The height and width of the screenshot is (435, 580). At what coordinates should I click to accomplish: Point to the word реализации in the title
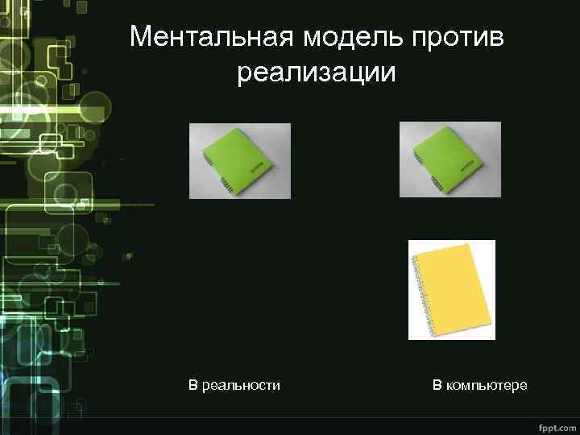[x=317, y=73]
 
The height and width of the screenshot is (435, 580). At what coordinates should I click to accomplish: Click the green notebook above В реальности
[x=239, y=160]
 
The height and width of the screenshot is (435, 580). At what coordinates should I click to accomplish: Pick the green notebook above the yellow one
[x=449, y=159]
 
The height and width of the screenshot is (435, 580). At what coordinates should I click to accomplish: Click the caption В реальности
[x=234, y=385]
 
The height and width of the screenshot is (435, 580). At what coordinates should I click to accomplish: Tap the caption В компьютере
[x=479, y=385]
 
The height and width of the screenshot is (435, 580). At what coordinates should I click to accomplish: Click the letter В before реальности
[x=193, y=385]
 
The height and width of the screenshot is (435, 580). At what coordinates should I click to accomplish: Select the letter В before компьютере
[x=437, y=385]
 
